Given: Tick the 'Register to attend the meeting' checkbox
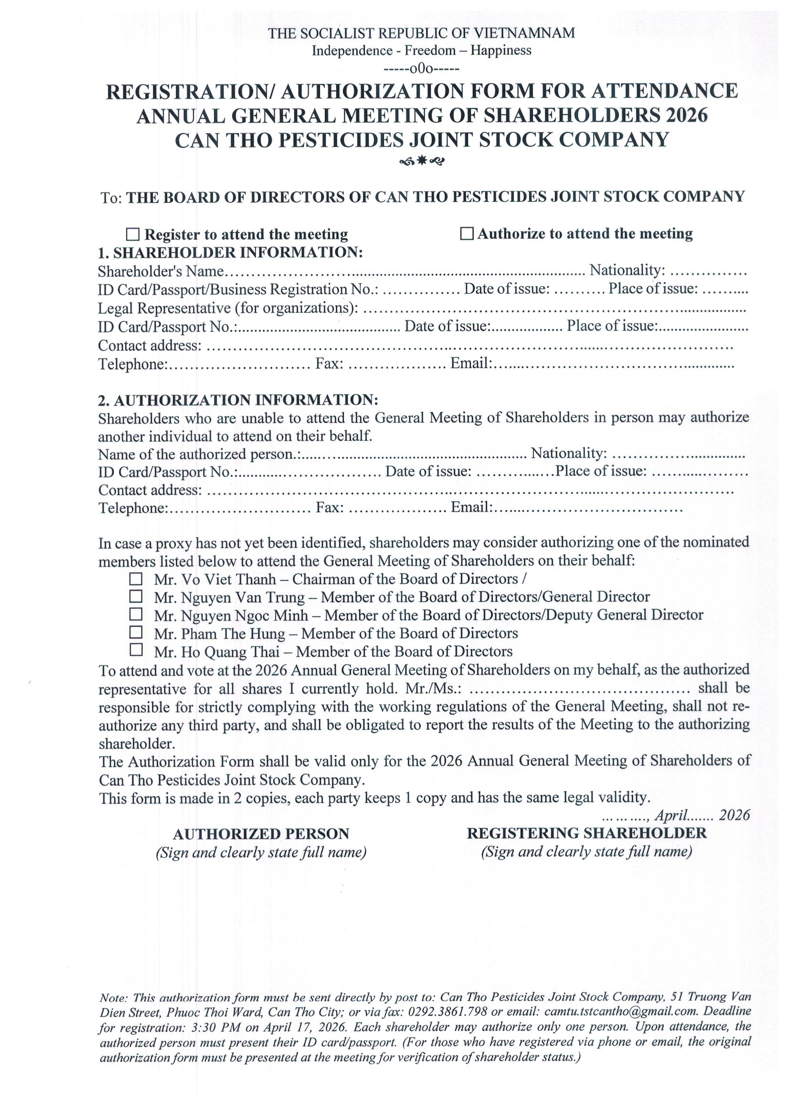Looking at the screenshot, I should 132,235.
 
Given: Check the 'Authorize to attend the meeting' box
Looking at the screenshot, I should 467,234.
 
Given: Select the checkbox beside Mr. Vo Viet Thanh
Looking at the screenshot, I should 136,579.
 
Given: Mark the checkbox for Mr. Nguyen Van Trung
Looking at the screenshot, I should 136,596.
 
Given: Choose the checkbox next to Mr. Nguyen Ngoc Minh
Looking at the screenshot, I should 136,614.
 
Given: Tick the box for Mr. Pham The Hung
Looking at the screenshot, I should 136,632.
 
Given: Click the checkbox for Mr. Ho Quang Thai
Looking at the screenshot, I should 136,650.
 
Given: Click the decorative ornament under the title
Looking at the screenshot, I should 421,161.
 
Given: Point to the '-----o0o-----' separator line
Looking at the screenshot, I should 421,69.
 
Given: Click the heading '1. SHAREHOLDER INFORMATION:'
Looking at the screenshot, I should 231,253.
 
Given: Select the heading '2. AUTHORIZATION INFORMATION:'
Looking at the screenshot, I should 238,400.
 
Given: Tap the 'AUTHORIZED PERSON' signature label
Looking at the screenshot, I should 261,834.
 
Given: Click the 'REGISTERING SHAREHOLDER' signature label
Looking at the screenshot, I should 586,833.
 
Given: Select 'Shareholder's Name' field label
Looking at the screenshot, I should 161,271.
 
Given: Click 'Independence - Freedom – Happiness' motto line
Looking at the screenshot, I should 421,51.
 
